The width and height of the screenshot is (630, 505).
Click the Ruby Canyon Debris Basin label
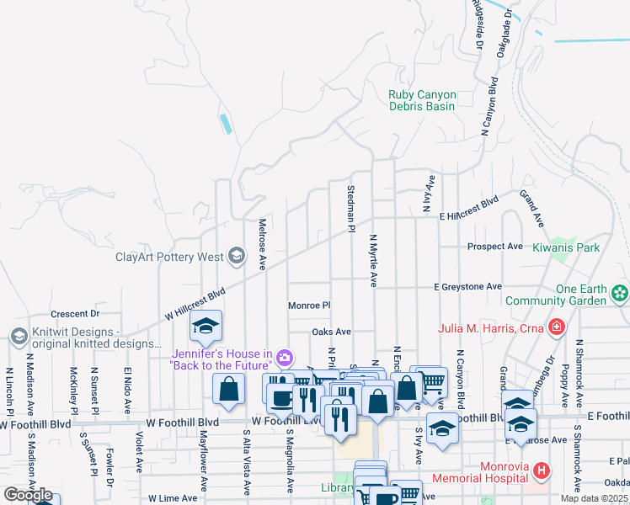pos(422,101)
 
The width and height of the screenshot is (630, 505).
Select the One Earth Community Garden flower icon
pos(621,294)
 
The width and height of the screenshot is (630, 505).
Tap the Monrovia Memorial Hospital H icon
pos(542,471)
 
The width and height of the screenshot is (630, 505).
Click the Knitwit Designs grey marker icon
pos(19,337)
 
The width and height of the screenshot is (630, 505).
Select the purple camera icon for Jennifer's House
pos(285,359)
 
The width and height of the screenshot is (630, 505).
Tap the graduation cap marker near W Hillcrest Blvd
pos(205,327)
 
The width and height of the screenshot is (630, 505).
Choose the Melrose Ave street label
pos(262,244)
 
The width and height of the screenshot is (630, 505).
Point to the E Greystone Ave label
pos(467,287)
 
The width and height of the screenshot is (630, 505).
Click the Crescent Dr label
pos(75,313)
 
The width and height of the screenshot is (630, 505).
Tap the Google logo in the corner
pos(28,495)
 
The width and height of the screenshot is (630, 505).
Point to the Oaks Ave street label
pos(331,332)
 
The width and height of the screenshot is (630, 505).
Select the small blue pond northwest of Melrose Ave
pos(226,124)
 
